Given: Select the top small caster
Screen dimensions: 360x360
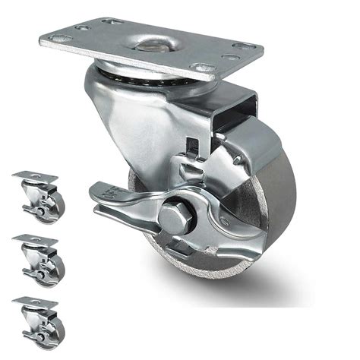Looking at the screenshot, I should [39, 195].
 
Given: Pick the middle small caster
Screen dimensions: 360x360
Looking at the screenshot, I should [39, 258].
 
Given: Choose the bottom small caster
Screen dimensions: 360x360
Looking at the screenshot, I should [39, 321].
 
